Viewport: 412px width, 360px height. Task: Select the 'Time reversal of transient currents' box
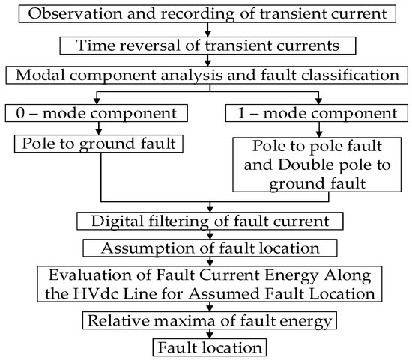click(207, 46)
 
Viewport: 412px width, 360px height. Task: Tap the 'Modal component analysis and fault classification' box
click(206, 76)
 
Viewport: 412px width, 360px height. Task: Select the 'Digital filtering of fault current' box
click(210, 221)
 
